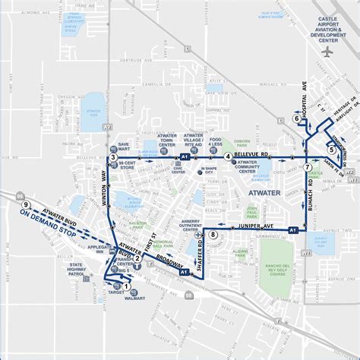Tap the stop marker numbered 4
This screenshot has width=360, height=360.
(228, 156)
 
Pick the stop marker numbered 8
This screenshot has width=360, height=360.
(213, 235)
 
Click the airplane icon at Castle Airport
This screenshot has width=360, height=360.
(327, 52)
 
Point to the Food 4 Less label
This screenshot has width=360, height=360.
(216, 141)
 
